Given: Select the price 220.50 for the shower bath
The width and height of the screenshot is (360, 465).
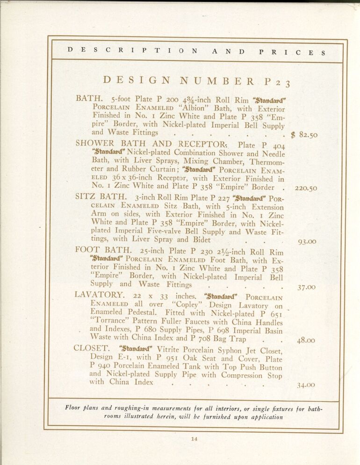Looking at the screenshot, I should pos(306,189).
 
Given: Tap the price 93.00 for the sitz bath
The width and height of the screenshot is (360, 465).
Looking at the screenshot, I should pos(307,242).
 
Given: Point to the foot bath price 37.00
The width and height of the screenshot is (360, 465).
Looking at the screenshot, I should pos(307,287).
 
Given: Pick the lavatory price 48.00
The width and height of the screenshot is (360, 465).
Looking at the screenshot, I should pos(307,341).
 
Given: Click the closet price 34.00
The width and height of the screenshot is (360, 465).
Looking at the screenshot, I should pos(307,385).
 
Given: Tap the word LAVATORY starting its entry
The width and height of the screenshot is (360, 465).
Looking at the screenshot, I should pos(98,295).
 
